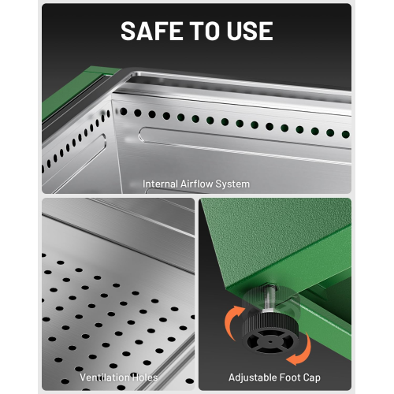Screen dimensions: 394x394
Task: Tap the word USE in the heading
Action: point(250,31)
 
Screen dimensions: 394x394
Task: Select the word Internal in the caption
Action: point(160,184)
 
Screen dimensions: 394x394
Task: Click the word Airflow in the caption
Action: point(197,184)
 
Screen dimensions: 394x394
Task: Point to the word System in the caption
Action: point(232,184)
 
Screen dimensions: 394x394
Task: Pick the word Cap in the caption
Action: point(311,378)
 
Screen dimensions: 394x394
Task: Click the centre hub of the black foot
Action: point(270,341)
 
